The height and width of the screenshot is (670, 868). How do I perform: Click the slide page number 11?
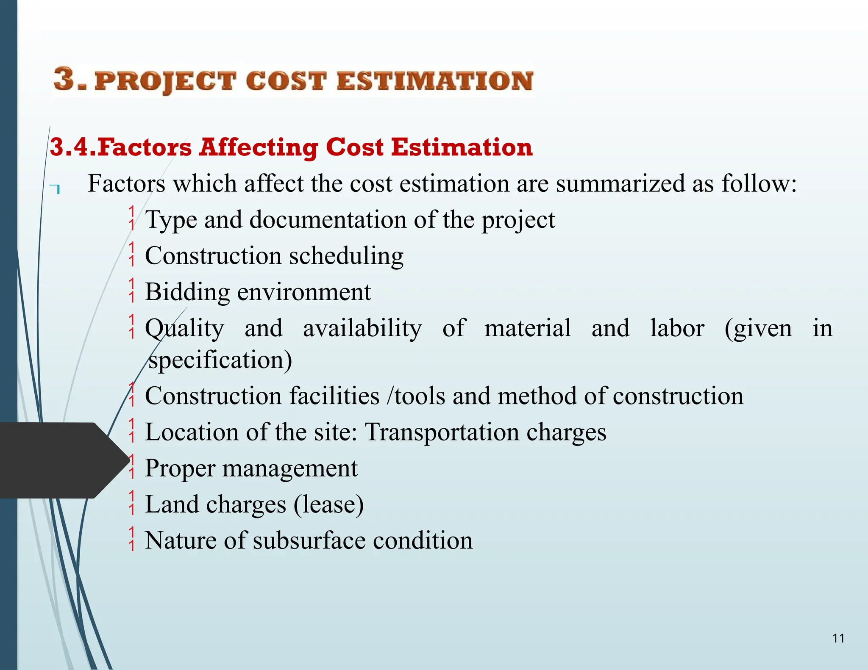coord(838,638)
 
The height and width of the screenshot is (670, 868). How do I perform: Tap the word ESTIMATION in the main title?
coord(435,81)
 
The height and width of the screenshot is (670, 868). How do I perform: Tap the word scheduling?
coord(346,256)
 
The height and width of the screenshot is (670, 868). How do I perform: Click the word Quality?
coord(184,329)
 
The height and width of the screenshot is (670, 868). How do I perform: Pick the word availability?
coord(362,328)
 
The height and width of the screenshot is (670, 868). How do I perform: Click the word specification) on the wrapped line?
coord(220,360)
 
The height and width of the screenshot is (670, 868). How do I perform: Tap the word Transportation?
coord(442,432)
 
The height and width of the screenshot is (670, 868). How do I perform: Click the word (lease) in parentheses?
coord(328,504)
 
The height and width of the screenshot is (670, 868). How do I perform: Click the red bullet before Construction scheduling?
coord(132,254)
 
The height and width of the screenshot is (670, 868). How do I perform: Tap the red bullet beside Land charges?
coord(132,503)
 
